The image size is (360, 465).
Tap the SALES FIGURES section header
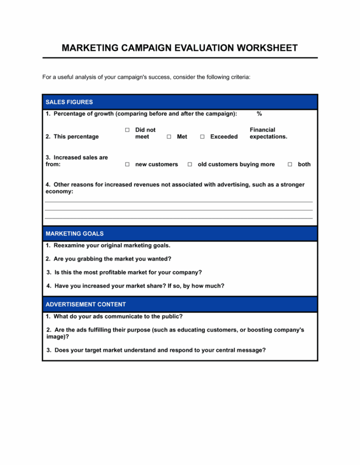click(69, 102)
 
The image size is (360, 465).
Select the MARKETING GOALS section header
click(75, 233)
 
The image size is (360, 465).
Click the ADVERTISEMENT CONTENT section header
click(85, 304)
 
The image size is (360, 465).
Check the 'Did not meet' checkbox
click(127, 130)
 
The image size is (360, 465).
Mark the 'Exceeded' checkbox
click(202, 137)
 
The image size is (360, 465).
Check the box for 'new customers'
click(127, 164)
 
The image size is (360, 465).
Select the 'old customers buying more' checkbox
click(190, 164)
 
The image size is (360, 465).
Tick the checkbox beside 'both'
click(290, 164)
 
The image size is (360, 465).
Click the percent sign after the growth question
click(259, 114)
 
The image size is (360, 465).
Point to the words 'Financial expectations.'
click(268, 133)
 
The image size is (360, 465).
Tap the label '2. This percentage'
click(72, 137)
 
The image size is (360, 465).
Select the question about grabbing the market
click(108, 259)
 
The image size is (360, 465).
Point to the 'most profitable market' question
click(125, 272)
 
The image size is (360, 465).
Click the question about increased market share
click(135, 285)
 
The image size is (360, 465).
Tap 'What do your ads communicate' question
click(114, 316)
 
